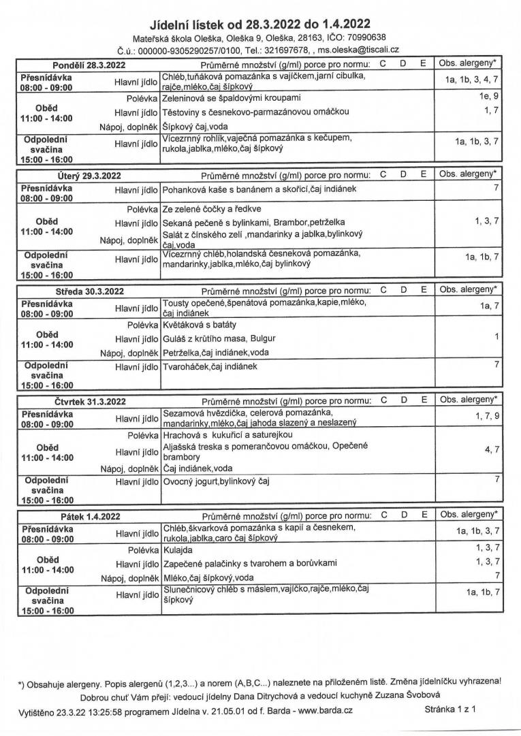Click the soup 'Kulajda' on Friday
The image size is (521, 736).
(178, 549)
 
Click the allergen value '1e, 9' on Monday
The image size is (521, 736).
(489, 97)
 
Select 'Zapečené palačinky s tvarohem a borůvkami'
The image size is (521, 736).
(250, 563)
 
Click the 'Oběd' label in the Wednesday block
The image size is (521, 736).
(47, 335)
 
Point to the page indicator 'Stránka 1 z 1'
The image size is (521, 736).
(449, 709)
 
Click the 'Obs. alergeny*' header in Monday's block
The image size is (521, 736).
(469, 64)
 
